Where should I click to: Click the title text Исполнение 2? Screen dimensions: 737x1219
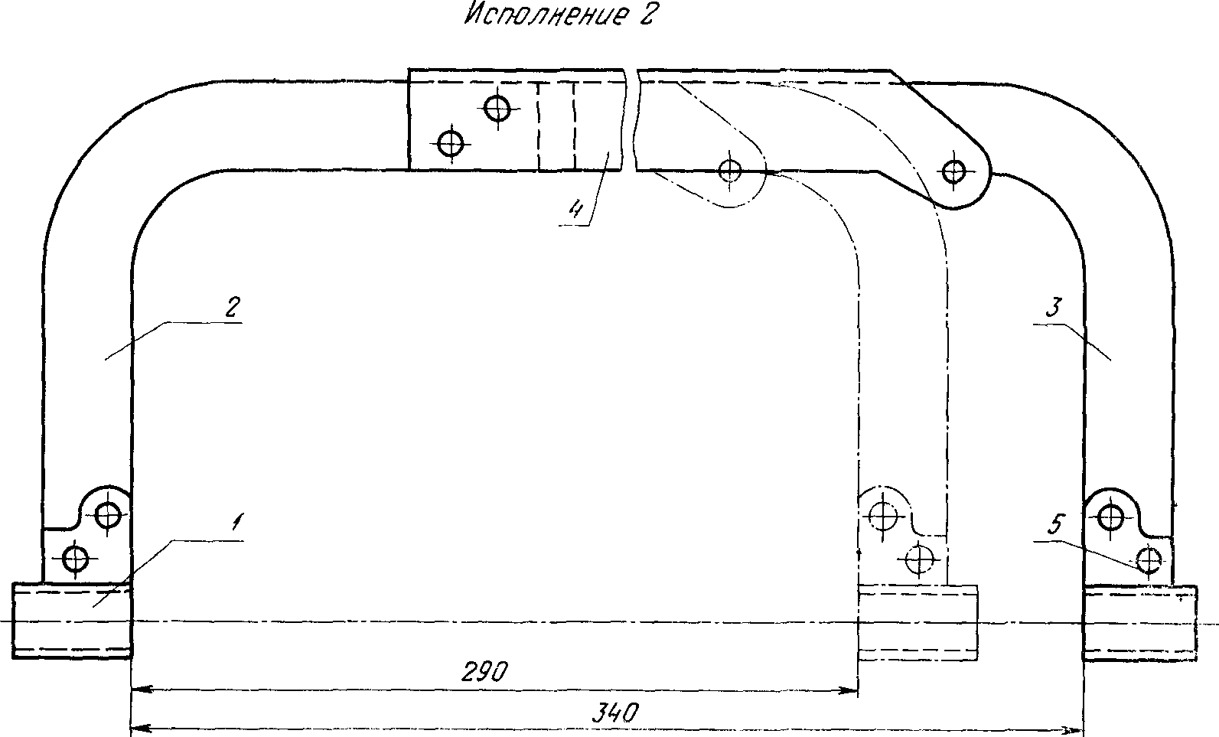click(559, 16)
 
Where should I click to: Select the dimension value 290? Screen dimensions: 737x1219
click(484, 671)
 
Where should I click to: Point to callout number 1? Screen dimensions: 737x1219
click(237, 523)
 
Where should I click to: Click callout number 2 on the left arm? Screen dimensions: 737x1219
click(233, 308)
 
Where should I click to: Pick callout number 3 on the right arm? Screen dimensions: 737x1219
click(1053, 308)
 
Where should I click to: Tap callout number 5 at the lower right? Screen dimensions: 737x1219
click(1055, 525)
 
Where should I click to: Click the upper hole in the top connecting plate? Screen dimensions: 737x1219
click(498, 108)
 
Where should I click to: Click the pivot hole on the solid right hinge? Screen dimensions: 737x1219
click(953, 171)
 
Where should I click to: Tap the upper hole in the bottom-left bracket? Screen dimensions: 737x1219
click(108, 514)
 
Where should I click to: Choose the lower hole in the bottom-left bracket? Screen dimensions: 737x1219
click(75, 559)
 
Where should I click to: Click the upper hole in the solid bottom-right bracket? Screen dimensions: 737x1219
click(1110, 517)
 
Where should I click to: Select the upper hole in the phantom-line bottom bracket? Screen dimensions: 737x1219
click(885, 517)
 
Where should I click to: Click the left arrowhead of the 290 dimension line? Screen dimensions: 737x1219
click(138, 691)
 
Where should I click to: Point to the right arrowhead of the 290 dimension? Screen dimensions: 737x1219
click(852, 691)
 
